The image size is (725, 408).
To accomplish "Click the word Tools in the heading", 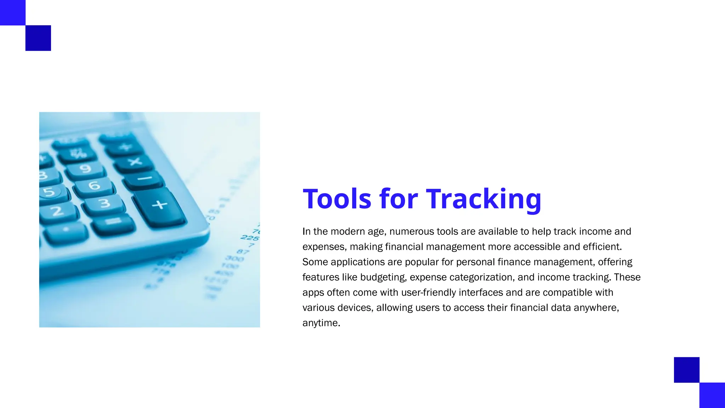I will pos(337,199).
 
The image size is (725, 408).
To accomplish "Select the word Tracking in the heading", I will pos(484,199).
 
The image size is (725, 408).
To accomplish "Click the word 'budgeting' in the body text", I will pos(383,277).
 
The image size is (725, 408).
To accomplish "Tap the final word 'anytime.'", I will pos(321,323).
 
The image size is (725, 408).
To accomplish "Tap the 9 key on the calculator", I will pos(85,169).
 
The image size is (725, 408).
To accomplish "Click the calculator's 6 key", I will pos(94,185).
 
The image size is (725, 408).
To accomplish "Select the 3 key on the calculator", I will pos(104,204).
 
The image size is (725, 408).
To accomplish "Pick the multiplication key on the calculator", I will pos(135,162).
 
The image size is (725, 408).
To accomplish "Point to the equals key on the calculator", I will pos(113,222).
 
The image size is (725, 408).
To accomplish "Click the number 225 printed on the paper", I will pos(250,237).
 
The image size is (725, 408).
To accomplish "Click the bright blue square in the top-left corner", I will pos(13,13).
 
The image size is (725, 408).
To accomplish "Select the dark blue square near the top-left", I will pos(38,38).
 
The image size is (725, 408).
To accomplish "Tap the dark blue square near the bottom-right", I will pos(686,370).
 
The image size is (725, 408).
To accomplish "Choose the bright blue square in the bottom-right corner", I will pos(712,395).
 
